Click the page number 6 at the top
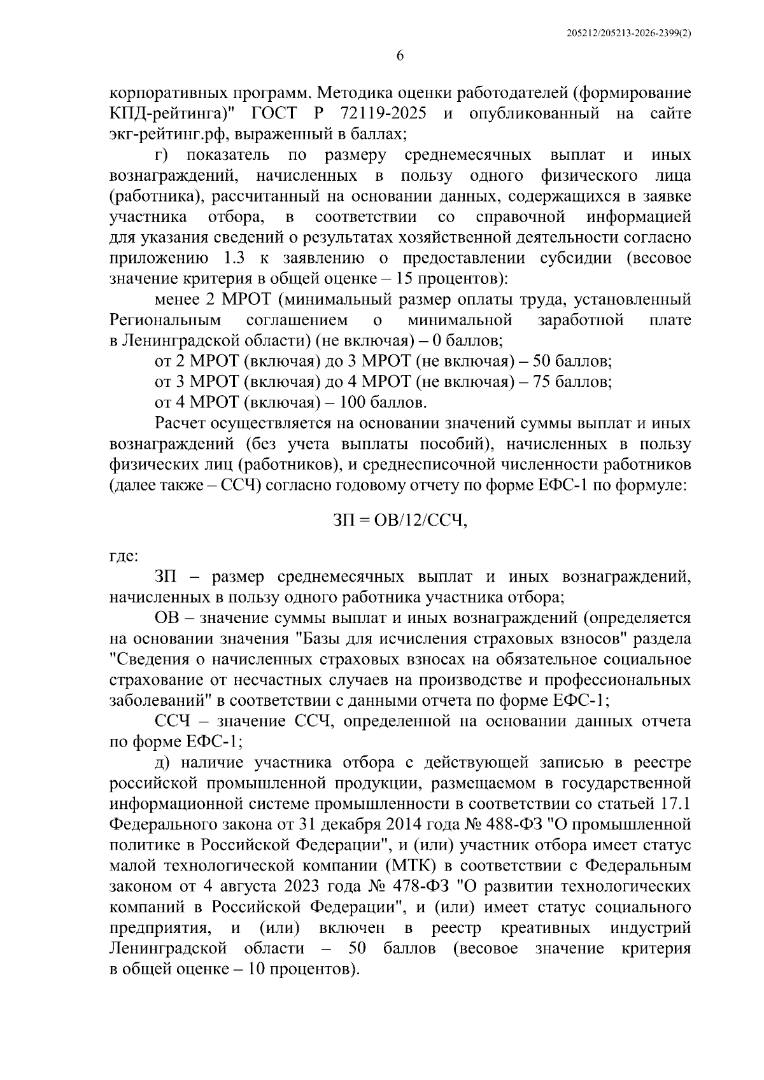pos(400,56)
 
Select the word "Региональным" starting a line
pos(166,320)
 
